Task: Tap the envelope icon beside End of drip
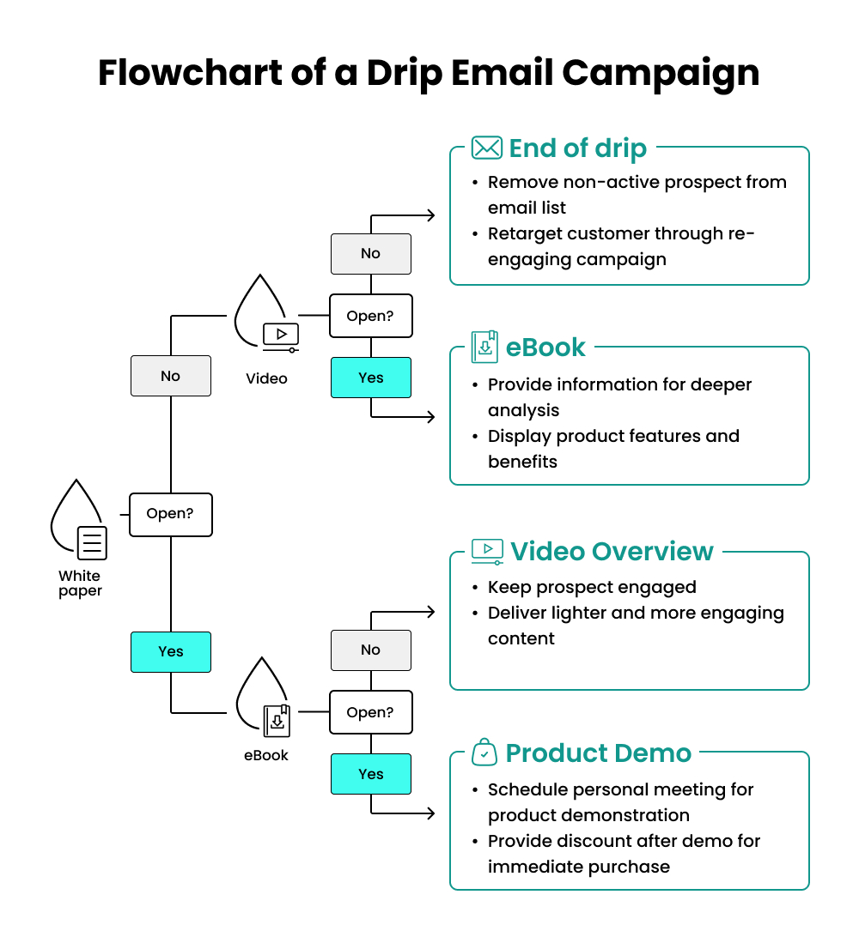coord(487,148)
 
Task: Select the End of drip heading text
coord(577,148)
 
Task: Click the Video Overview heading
coord(612,551)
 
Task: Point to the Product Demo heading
coord(598,753)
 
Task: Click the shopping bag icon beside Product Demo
coord(484,753)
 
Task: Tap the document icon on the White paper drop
coord(92,542)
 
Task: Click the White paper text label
coord(80,583)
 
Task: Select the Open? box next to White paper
coord(170,514)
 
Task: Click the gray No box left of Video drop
coord(170,376)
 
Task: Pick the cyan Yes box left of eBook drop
coord(170,651)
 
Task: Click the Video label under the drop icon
coord(266,378)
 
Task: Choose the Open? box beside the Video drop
coord(370,316)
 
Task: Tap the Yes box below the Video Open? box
coord(370,378)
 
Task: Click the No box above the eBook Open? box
coord(370,650)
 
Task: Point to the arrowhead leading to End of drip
coord(430,215)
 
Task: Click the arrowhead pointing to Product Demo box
coord(430,813)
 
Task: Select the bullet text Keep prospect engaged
coord(592,588)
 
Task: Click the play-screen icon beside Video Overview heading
coord(487,551)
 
